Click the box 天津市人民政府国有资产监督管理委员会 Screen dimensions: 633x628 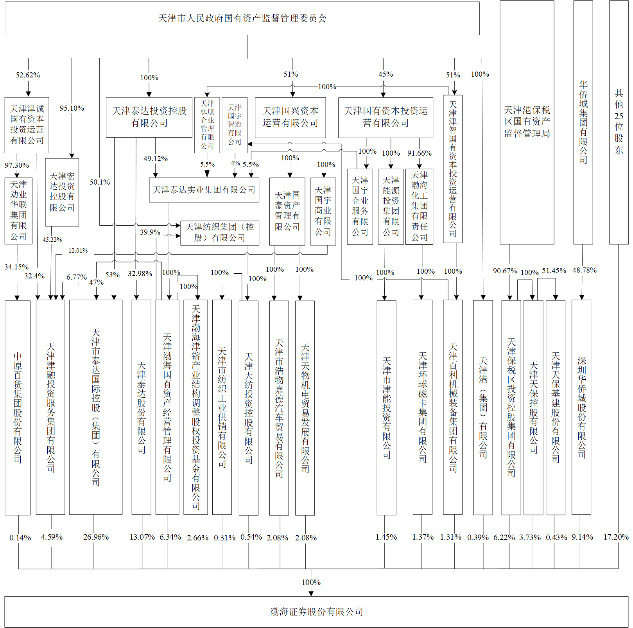(242, 18)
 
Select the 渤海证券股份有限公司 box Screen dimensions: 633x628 (316, 612)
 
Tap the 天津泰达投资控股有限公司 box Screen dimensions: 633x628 (149, 117)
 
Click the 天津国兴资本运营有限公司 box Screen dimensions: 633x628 (290, 117)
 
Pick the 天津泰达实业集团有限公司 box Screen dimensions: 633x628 (204, 190)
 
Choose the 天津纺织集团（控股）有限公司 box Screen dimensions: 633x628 (220, 233)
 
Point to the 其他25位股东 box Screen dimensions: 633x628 (619, 122)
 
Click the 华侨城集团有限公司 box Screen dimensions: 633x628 (583, 122)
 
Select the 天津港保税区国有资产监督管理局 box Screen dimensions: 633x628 (527, 122)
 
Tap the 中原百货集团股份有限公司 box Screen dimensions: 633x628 (18, 408)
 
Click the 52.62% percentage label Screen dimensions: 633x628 (28, 75)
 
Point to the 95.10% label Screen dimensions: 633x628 (72, 108)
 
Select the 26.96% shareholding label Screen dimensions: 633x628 (96, 537)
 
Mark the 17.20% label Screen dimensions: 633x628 (616, 537)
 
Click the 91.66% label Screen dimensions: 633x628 (420, 153)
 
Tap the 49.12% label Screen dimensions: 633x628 (156, 159)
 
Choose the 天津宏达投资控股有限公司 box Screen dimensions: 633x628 (62, 192)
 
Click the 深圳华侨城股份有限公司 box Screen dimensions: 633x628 (581, 407)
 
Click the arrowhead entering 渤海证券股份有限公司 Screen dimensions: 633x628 (311, 594)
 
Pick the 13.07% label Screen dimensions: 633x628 (142, 537)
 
